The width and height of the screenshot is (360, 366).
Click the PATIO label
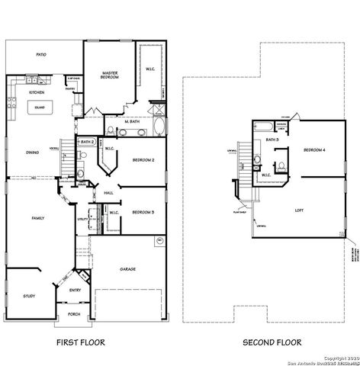(42, 55)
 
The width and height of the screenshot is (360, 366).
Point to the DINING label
(33, 152)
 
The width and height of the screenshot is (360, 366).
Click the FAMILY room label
(37, 218)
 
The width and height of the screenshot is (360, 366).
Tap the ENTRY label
(75, 290)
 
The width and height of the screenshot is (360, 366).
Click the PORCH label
(74, 313)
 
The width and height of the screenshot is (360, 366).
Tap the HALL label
(108, 193)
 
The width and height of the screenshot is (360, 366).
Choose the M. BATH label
(130, 121)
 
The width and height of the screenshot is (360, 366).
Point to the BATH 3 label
(272, 140)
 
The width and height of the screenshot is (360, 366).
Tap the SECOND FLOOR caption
(272, 342)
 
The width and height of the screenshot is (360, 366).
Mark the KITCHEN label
(36, 92)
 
